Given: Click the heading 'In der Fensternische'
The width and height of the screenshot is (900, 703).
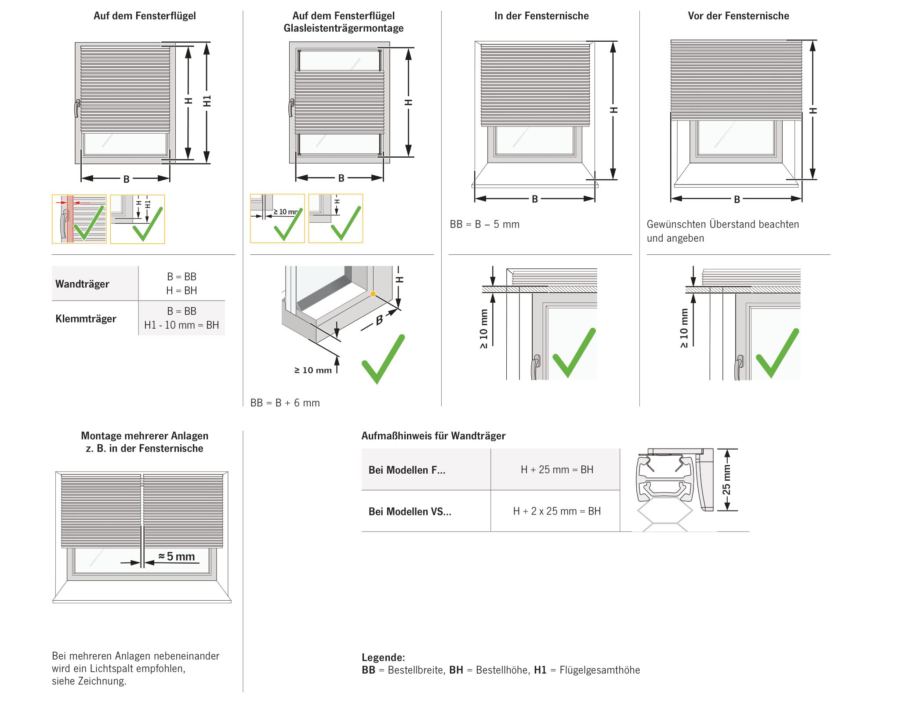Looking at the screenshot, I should [x=541, y=16].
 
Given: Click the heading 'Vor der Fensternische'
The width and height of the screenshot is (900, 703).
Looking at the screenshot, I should [x=738, y=16].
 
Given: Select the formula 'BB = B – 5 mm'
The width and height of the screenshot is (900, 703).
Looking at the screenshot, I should [x=484, y=224].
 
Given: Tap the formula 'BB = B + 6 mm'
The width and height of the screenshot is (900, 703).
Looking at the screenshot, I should [x=285, y=402].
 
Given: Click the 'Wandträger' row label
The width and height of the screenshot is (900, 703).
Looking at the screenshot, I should [x=82, y=284].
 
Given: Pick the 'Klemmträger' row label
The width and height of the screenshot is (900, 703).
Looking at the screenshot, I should [x=86, y=319].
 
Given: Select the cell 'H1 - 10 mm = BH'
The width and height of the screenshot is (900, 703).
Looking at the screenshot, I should [x=181, y=325].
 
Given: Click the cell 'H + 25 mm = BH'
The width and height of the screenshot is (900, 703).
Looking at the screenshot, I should [x=556, y=469].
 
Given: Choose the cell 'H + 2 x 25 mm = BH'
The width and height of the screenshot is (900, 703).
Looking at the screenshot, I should [x=556, y=511].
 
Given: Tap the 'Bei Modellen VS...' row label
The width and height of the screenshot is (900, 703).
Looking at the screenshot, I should [x=410, y=511].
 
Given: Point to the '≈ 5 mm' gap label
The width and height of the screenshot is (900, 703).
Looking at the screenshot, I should [x=177, y=556].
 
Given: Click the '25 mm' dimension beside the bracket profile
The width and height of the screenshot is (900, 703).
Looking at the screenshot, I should [x=726, y=480].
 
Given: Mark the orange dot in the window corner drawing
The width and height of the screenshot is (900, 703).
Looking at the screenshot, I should [x=373, y=294].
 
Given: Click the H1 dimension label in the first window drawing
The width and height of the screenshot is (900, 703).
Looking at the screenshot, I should [x=207, y=101].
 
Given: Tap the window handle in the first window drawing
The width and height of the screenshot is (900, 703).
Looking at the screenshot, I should [x=77, y=108].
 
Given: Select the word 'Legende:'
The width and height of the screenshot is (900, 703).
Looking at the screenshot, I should [x=383, y=657].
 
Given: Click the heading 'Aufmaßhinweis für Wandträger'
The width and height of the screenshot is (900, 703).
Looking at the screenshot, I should [x=433, y=435].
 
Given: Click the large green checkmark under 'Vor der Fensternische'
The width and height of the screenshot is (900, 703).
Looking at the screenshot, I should [x=777, y=354].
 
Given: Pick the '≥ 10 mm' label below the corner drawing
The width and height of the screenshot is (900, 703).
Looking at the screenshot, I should [x=313, y=370].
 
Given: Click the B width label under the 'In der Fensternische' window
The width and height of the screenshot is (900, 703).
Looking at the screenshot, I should [x=534, y=199].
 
